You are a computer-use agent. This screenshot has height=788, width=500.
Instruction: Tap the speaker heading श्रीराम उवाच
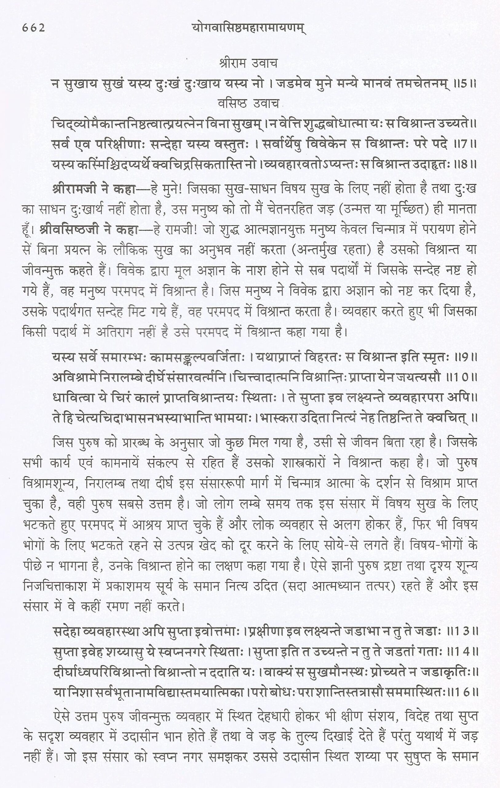pos(248,63)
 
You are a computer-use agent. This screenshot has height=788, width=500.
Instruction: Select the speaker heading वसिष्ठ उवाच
pos(248,104)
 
